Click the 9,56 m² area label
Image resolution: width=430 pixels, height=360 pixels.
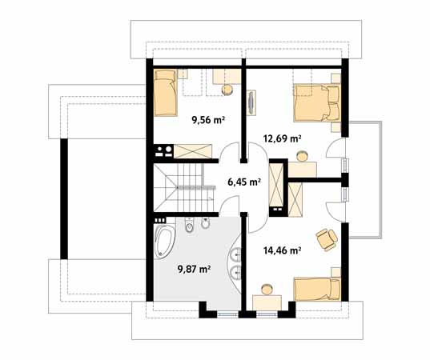tap(207, 122)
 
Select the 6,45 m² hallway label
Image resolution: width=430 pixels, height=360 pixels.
tap(244, 182)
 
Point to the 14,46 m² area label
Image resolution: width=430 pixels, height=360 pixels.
tap(282, 250)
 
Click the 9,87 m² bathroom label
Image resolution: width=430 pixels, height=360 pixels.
tap(193, 270)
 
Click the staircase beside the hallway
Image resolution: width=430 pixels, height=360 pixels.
tap(185, 188)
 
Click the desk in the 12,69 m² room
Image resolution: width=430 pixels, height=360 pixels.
tap(302, 168)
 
